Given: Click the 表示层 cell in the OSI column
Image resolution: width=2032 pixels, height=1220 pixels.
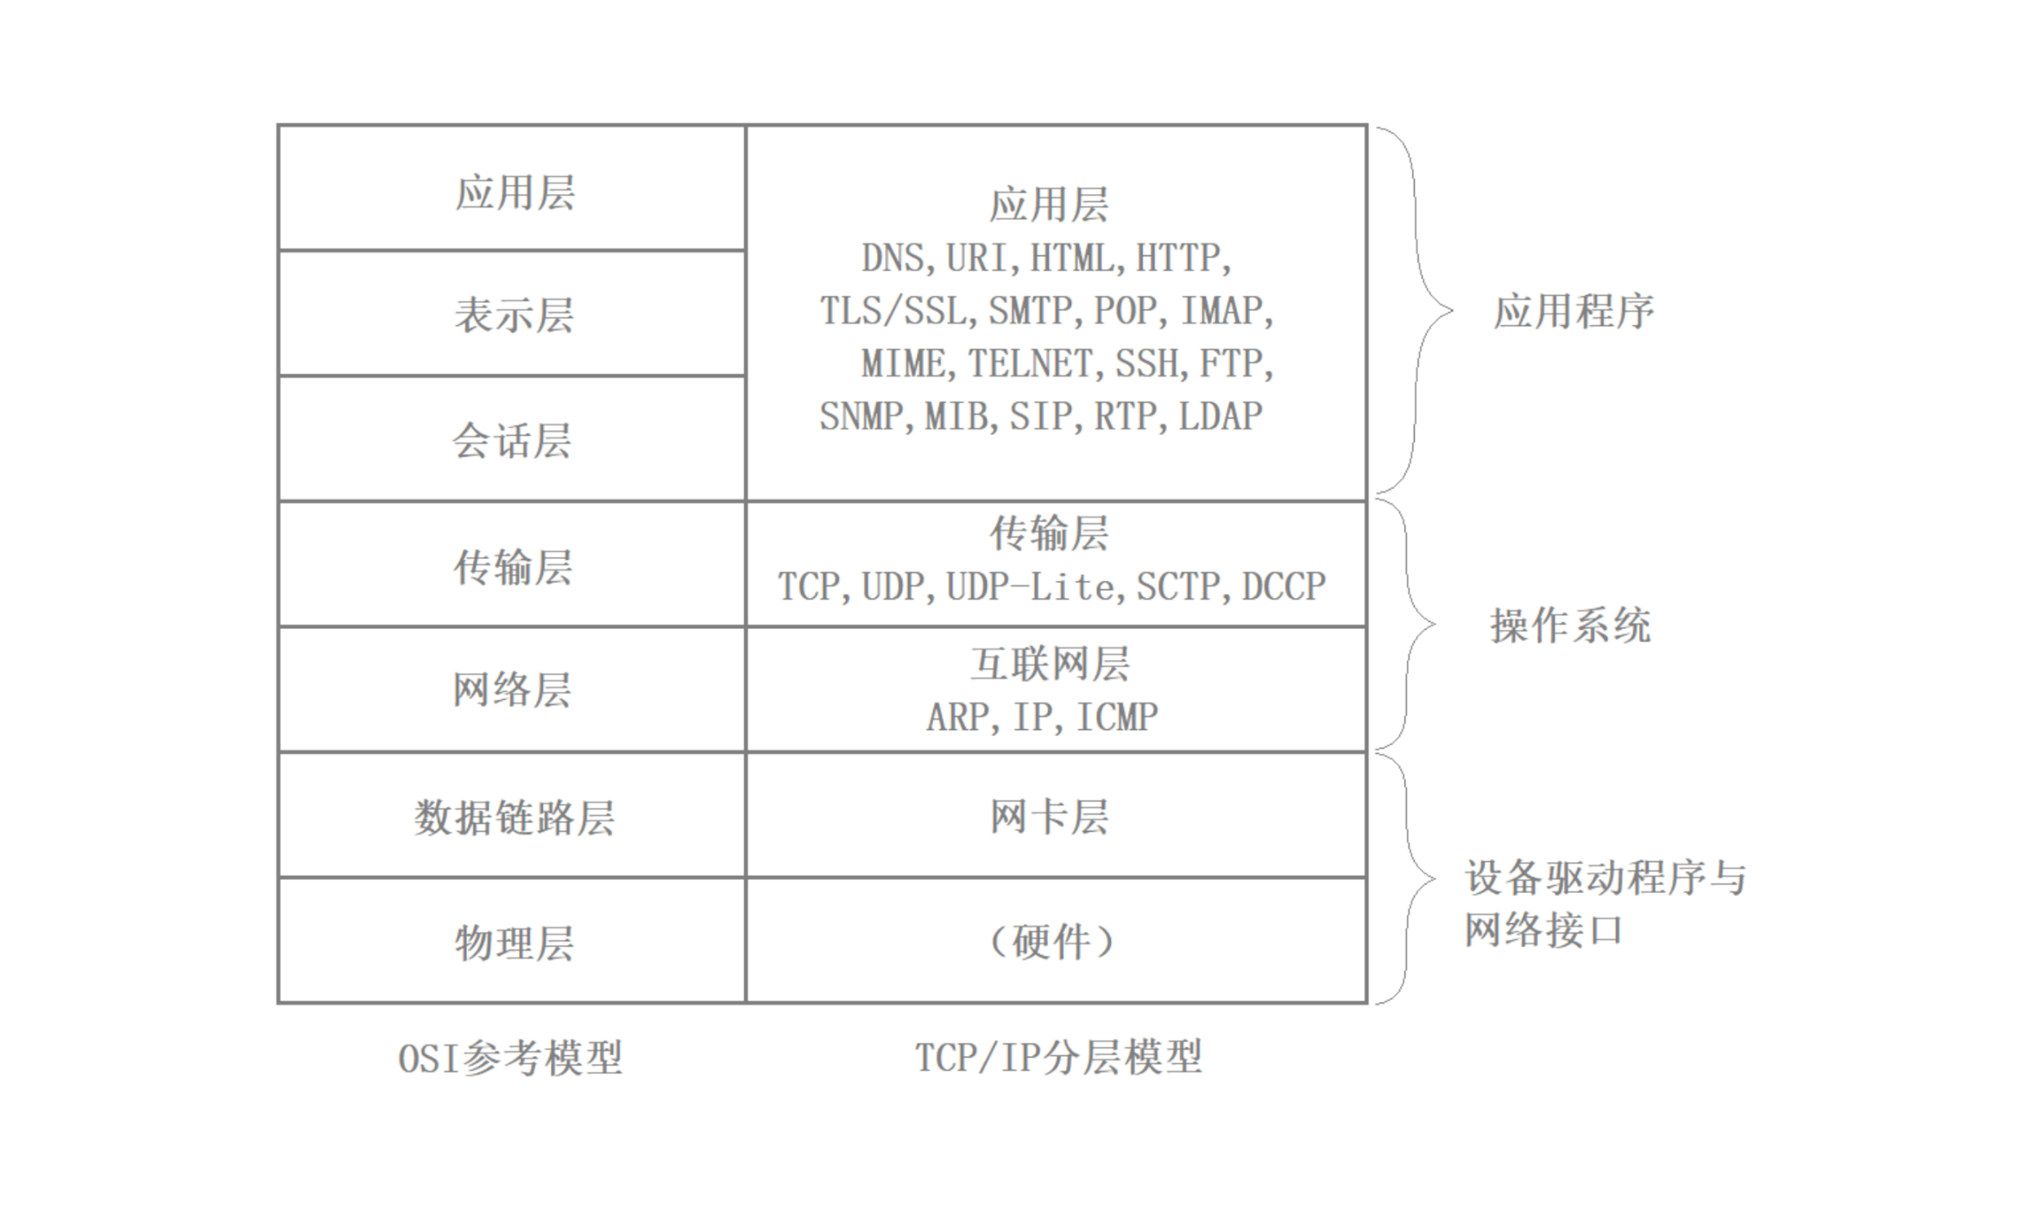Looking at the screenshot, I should point(513,314).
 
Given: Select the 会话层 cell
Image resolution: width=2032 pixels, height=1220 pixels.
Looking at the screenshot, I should point(513,440).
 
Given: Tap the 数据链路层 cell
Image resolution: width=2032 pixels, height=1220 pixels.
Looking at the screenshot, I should point(513,816).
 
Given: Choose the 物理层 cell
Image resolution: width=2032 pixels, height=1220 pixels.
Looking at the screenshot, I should point(513,942).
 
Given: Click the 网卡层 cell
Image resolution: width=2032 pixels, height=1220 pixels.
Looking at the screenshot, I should point(1050,816).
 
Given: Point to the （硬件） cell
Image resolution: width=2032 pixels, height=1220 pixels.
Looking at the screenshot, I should point(1050,941).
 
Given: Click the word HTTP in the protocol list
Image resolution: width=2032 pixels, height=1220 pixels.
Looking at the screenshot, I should point(1177,258).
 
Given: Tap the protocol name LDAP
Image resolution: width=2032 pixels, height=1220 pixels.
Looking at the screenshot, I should point(1221,416).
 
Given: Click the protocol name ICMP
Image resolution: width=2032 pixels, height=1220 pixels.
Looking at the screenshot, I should point(1117,717).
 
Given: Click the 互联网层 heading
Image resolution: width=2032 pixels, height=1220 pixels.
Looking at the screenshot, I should point(1050,664).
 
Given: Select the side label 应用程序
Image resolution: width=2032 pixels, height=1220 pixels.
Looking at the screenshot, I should point(1573,311).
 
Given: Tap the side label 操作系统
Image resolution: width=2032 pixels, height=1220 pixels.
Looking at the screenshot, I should point(1570,626).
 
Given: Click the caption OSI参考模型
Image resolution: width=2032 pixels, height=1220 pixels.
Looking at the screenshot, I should point(509,1058).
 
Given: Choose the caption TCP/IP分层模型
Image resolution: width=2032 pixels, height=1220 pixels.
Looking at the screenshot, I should point(1058,1057).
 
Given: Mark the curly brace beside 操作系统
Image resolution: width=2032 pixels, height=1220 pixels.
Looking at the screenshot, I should point(1409,625).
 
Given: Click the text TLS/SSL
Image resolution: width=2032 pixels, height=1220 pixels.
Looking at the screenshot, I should point(893,311).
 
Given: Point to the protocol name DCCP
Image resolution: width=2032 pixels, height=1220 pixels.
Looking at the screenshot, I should point(1283,587).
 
